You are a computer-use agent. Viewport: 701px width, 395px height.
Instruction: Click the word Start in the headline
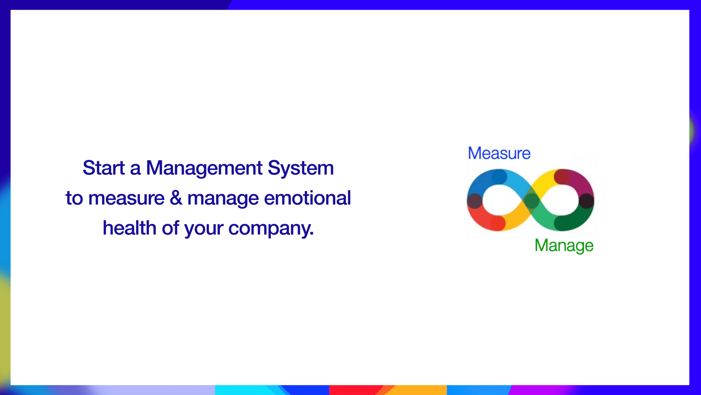(104, 168)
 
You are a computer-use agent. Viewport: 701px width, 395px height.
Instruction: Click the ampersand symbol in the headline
(176, 198)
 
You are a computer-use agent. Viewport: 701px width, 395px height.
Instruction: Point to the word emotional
(307, 198)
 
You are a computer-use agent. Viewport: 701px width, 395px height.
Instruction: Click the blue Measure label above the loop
(499, 153)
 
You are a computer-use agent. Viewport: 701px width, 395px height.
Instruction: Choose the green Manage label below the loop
(564, 246)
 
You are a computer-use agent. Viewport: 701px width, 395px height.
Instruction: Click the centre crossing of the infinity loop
(531, 200)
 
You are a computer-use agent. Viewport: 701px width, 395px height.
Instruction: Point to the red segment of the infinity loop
(483, 219)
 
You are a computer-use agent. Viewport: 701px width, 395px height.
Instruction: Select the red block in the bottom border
(356, 390)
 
